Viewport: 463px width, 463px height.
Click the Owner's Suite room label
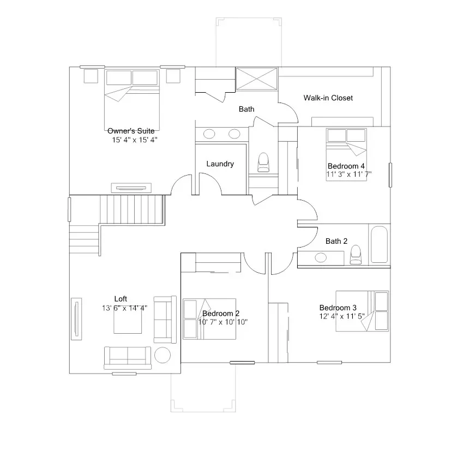coord(131,131)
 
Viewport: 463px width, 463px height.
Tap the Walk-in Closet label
coord(328,98)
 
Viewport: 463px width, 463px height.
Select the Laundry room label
coord(220,164)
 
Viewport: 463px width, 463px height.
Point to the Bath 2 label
coord(336,241)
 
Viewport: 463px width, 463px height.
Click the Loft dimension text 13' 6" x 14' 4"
coord(124,308)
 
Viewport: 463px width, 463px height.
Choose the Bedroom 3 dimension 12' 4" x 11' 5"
coord(342,316)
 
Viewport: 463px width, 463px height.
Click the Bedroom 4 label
coord(346,166)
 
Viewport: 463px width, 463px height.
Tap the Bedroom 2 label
coord(221,313)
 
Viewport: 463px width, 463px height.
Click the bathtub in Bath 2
coord(379,244)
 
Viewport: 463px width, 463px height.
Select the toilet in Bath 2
coord(356,255)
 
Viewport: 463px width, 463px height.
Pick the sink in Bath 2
coord(321,257)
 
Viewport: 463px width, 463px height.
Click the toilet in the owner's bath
coord(263,162)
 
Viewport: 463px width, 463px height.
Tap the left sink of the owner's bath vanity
coord(209,134)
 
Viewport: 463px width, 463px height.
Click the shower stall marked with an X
coord(257,79)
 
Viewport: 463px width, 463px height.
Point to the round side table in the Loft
coord(163,355)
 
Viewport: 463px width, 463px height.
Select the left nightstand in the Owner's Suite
coord(91,76)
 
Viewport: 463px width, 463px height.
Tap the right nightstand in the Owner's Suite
coord(173,76)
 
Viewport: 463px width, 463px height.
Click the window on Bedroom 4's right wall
coord(390,175)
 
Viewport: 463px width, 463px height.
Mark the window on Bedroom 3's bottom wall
coord(329,362)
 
